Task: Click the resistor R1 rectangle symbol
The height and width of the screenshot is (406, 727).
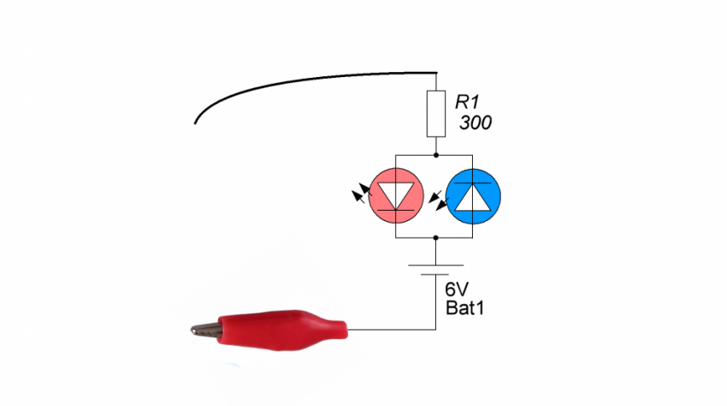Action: (436, 115)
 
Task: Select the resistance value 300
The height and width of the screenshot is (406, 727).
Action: (476, 123)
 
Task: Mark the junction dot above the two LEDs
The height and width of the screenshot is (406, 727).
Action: (436, 157)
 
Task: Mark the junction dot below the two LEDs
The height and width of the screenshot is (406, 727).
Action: (436, 237)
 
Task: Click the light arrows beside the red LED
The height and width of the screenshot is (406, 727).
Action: (360, 194)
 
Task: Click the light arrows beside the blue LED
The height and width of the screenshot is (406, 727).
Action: (438, 200)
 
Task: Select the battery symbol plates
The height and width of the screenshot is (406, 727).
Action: (436, 270)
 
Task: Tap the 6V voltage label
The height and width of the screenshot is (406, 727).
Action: (458, 289)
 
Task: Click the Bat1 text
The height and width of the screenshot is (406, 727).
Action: (465, 307)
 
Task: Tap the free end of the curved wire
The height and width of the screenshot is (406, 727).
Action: (196, 122)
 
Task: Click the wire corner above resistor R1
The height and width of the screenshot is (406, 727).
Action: (436, 74)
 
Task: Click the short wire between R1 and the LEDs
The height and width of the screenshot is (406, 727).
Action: (436, 146)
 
